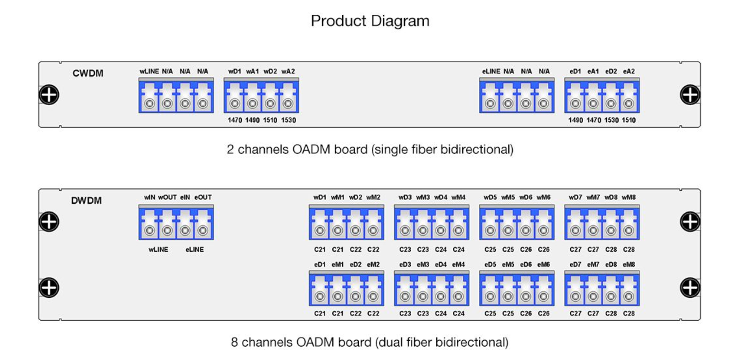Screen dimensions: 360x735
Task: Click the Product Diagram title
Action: [x=370, y=21]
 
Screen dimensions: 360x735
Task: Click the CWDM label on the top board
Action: [x=88, y=73]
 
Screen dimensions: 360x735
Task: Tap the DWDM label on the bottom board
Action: [x=86, y=201]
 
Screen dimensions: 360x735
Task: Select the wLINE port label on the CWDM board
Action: [x=149, y=71]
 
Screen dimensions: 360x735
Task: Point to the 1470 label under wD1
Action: [x=235, y=120]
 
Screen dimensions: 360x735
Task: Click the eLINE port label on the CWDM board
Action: [x=491, y=71]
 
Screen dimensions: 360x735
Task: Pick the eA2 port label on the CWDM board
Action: [x=629, y=71]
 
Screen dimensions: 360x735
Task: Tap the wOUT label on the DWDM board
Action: [x=167, y=197]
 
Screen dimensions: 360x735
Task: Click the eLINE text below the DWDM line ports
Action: [x=194, y=249]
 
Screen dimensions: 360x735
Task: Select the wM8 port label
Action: [x=629, y=197]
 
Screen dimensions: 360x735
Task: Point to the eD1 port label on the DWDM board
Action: [x=320, y=265]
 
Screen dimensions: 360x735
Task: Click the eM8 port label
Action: [x=629, y=265]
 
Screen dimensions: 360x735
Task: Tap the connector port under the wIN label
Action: [x=150, y=231]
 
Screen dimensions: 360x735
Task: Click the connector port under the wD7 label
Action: [x=576, y=231]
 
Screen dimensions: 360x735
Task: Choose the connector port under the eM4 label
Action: [x=458, y=296]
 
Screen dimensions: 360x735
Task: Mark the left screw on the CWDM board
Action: [x=49, y=95]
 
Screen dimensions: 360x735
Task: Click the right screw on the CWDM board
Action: [x=690, y=95]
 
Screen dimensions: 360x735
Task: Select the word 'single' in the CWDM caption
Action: [x=394, y=150]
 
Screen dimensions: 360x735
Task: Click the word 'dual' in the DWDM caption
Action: [x=391, y=343]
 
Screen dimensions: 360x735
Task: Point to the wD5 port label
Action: [x=490, y=197]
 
